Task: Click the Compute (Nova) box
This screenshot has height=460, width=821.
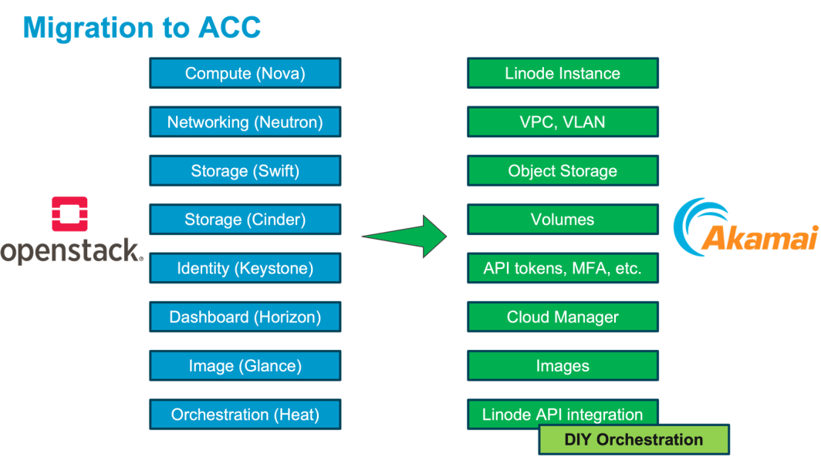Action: (245, 74)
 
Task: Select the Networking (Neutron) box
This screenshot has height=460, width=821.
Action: (245, 123)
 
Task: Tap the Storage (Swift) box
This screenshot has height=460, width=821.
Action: (245, 171)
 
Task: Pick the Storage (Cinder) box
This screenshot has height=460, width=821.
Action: (245, 220)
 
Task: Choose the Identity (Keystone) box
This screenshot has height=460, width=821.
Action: (245, 268)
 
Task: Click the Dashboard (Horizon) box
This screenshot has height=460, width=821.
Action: (245, 317)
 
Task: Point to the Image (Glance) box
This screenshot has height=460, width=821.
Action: (245, 366)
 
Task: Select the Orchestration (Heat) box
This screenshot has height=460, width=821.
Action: (245, 415)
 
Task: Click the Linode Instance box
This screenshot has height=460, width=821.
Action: (563, 74)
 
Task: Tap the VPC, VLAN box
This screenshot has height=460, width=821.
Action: (563, 123)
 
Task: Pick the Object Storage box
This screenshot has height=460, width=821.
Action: (563, 171)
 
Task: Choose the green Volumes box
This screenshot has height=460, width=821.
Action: (563, 220)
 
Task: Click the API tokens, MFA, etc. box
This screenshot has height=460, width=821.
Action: (563, 268)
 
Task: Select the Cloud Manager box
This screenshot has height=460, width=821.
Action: (563, 317)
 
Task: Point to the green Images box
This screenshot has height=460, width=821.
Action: (563, 366)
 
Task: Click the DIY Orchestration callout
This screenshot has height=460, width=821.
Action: (633, 440)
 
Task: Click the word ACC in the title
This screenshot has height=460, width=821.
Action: (230, 28)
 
